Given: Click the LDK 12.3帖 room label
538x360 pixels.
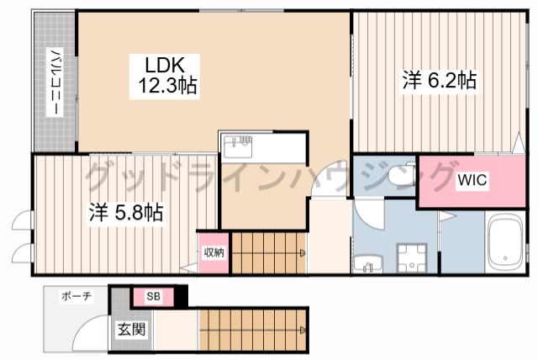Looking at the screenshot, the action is tap(165, 76).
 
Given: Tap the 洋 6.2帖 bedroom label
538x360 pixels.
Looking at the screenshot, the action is tap(440, 81).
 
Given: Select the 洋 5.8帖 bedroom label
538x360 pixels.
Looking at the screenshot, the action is tap(126, 213).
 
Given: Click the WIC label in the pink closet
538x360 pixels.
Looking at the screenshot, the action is tap(472, 179).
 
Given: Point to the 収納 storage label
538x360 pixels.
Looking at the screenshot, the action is tap(214, 252).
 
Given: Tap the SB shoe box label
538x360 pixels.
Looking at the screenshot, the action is tap(153, 296).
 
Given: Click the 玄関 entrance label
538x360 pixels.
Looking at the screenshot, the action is tap(132, 329).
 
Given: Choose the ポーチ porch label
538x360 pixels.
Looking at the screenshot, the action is tap(76, 296).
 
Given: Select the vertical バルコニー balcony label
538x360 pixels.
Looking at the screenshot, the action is tap(55, 82).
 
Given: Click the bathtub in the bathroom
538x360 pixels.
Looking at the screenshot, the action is tap(505, 243).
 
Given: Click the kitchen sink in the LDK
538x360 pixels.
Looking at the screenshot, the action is tap(237, 146).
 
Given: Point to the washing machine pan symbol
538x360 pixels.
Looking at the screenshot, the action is tap(412, 258).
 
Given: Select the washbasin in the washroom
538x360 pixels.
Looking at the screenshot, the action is tap(368, 264).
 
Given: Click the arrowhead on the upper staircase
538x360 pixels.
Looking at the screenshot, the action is tap(303, 253).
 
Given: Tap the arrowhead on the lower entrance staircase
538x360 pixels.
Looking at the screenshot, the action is tap(303, 331).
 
